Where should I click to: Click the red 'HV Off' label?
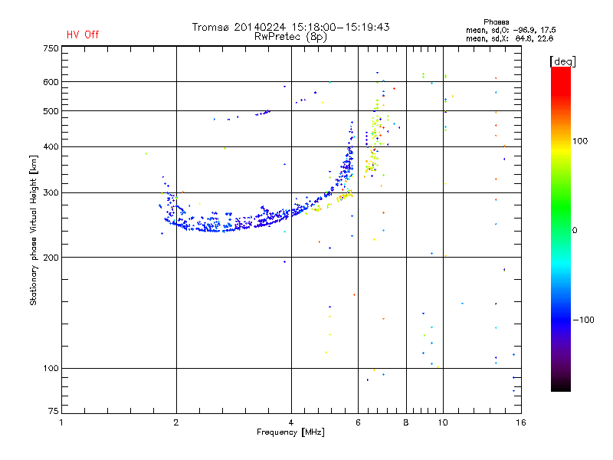[x=83, y=34]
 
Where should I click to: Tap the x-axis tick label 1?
[x=62, y=422]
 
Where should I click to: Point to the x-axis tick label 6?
[x=359, y=422]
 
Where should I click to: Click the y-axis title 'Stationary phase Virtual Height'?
[x=34, y=230]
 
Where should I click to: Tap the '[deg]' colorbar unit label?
[x=563, y=61]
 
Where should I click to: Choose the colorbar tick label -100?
[x=588, y=319]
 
